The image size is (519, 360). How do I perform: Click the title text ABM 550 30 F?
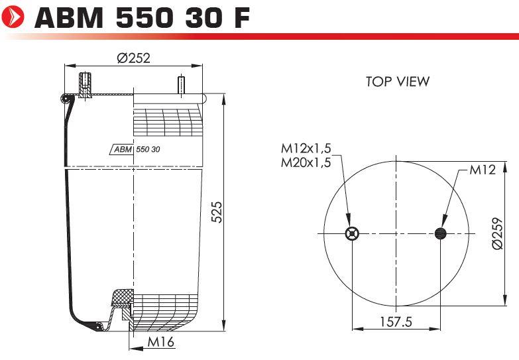tap(142, 17)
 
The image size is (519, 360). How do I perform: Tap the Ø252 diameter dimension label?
tap(133, 58)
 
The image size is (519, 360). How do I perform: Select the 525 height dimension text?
tap(217, 211)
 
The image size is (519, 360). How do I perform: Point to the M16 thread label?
tap(160, 342)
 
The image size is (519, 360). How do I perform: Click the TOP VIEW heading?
tap(398, 82)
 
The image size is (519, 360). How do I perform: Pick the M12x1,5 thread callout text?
tap(306, 148)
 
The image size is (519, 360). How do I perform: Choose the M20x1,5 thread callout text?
tap(306, 162)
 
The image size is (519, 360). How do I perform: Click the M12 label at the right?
tap(483, 170)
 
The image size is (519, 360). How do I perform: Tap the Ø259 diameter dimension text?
tap(498, 233)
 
